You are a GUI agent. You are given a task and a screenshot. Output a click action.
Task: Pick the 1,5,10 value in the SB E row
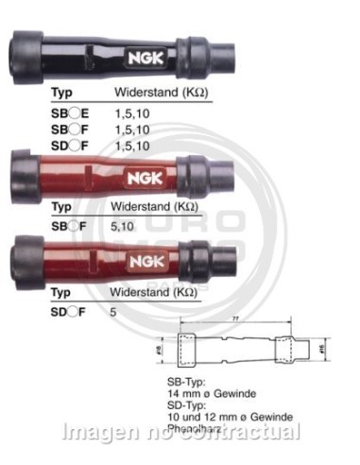pos(129,112)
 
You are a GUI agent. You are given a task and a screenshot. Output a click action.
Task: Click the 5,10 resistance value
pos(122,226)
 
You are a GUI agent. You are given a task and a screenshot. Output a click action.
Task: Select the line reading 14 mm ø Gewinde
pos(211,392)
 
